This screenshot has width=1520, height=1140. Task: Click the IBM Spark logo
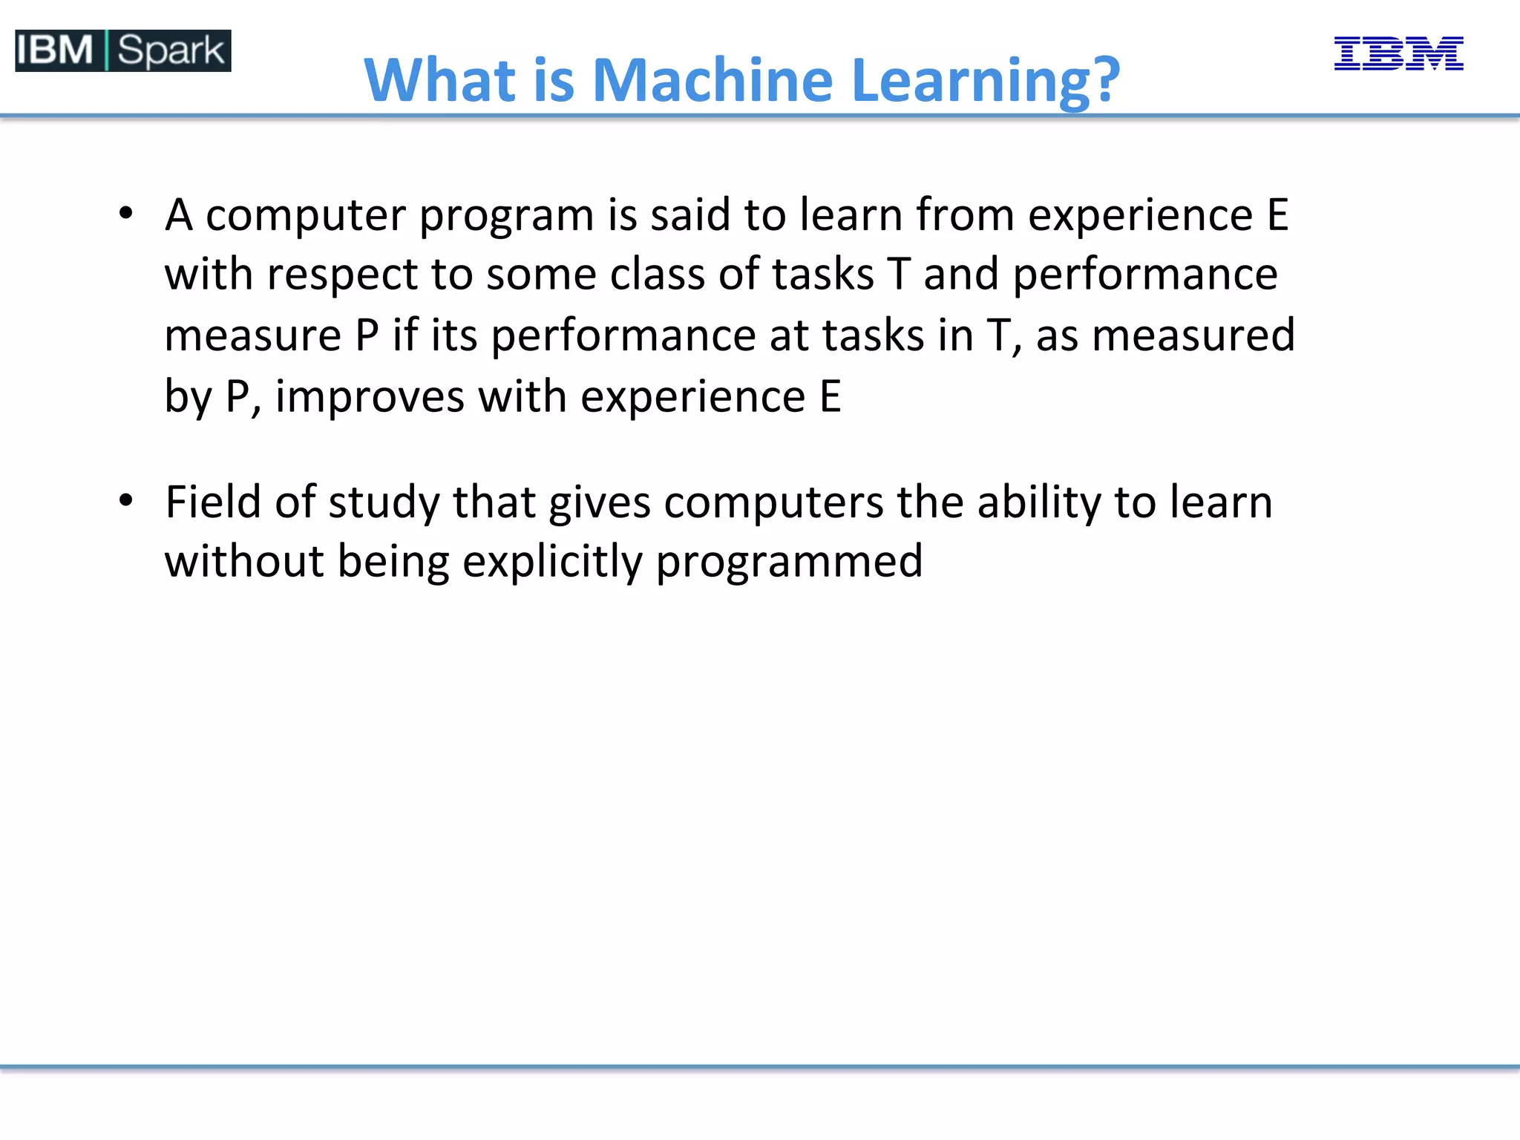(x=123, y=50)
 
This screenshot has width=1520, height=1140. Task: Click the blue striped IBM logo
(x=1398, y=53)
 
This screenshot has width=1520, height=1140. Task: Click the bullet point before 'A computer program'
(x=126, y=214)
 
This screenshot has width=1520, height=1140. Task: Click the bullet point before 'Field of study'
(x=126, y=501)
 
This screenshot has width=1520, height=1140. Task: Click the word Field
(x=213, y=502)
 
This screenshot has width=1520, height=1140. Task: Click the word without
(x=244, y=562)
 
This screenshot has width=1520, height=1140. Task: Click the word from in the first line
(x=964, y=215)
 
